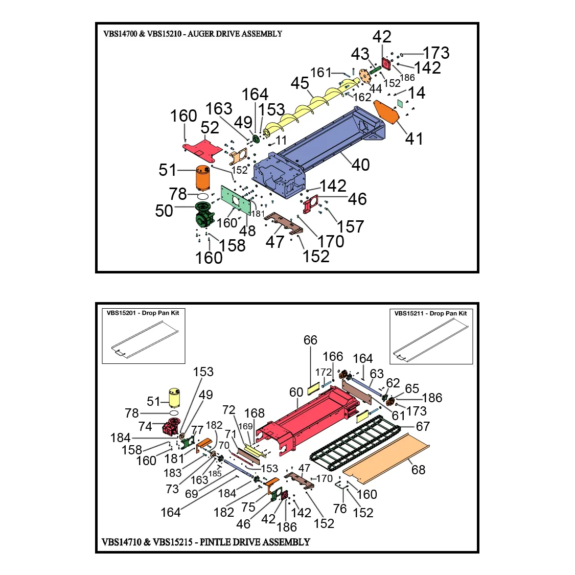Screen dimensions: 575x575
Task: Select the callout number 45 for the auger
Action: [x=300, y=83]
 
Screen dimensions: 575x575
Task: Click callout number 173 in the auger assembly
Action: [x=436, y=53]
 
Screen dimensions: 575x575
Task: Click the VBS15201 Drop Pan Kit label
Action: [x=143, y=313]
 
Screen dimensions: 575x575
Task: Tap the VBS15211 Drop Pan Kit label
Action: [x=431, y=313]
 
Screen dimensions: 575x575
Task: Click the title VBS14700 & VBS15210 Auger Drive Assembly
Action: [x=193, y=34]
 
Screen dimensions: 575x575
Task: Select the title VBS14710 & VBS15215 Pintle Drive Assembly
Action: [x=206, y=542]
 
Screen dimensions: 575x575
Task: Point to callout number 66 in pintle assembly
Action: [x=310, y=340]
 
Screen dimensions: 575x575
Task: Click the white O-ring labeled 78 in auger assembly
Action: [x=202, y=196]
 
